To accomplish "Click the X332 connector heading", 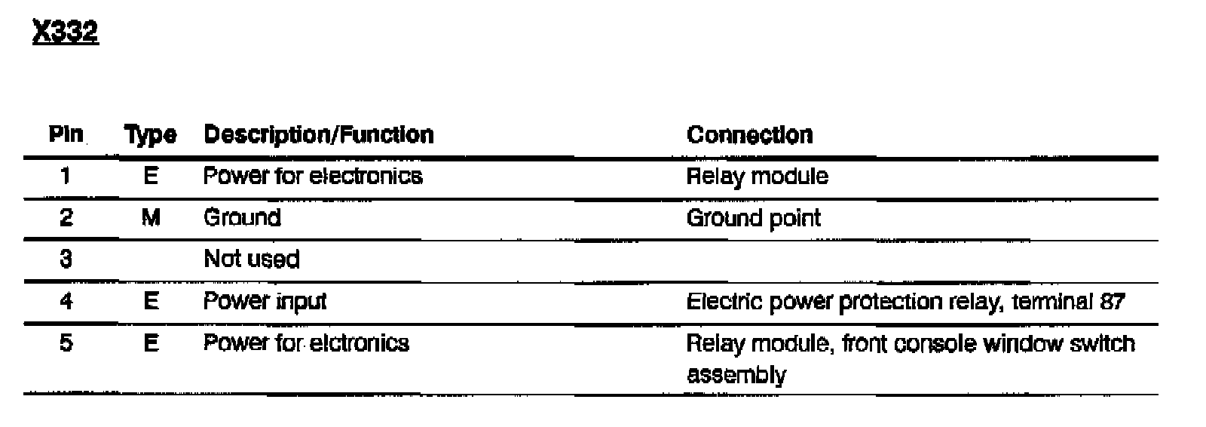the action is tap(66, 32).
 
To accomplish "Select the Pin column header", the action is tap(66, 134).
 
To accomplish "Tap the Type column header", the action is tap(151, 135).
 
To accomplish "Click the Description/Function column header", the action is tap(319, 135).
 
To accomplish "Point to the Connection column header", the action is tap(749, 135).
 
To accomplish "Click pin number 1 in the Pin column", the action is tap(66, 176).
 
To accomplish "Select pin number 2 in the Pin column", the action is tap(66, 218).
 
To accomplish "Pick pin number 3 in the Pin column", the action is tap(66, 260).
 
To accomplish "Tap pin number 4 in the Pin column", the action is tap(66, 301).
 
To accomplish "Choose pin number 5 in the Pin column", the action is tap(66, 343).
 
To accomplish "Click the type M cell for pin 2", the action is tap(151, 218).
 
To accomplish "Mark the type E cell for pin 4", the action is tap(151, 301).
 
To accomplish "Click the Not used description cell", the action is tap(252, 260).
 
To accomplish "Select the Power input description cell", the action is tap(265, 302).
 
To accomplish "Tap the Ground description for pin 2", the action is tap(242, 218).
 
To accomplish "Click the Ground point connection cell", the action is tap(753, 219).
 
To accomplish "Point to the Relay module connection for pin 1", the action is tap(757, 177).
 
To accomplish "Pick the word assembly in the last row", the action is tap(736, 375).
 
